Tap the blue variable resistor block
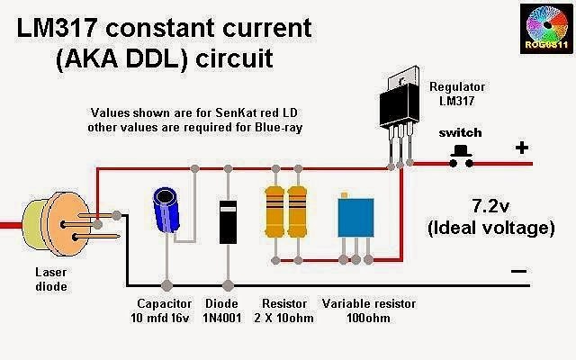(x=356, y=220)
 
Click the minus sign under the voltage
(x=519, y=269)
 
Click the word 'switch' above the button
(x=461, y=132)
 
